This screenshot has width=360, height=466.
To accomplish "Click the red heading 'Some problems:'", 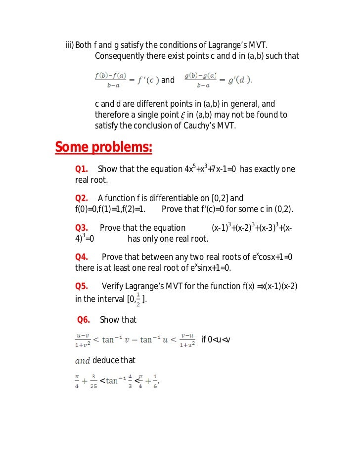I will (103, 147).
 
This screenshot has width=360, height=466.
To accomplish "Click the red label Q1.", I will (82, 169).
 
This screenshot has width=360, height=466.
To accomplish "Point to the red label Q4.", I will (82, 257).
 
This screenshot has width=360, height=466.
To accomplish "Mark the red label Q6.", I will (84, 320).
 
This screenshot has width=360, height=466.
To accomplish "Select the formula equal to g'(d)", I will (218, 80).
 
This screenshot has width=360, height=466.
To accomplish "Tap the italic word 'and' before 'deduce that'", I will (82, 360).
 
